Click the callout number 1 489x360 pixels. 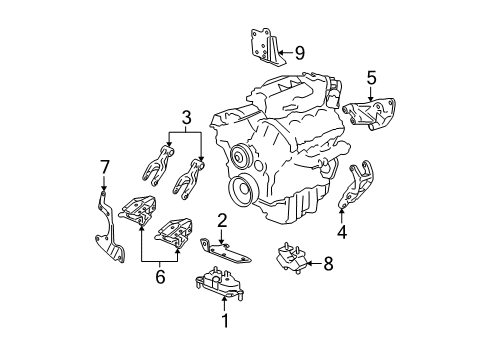[225, 321]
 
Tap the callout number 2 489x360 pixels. [222, 221]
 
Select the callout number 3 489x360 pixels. [186, 117]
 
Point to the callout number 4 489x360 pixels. [342, 232]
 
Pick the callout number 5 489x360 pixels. [371, 78]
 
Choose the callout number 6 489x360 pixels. [160, 276]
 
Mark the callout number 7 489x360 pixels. [105, 167]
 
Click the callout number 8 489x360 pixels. [328, 264]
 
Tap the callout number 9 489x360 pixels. [300, 53]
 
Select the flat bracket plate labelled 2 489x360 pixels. [225, 251]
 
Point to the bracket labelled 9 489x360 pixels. [267, 47]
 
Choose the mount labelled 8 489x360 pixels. [292, 258]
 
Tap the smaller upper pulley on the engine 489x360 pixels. [239, 156]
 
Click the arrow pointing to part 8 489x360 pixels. [314, 264]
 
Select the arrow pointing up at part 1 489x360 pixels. [225, 304]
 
